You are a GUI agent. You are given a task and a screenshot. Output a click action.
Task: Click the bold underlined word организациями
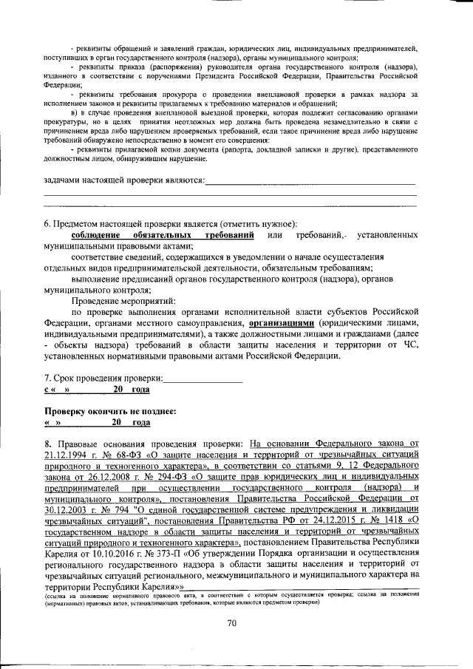[x=282, y=323]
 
